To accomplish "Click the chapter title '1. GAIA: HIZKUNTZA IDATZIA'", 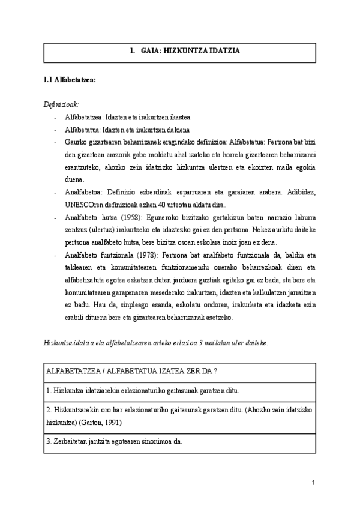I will (185, 52).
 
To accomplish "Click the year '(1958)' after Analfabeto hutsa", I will (128, 217).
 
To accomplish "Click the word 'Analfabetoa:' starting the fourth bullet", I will (83, 193).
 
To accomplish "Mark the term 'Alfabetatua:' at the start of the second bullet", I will (83, 129).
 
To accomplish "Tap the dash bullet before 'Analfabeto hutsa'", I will (55, 217).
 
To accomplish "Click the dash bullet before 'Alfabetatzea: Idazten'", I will (55, 117).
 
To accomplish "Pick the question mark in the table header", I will (215, 372).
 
